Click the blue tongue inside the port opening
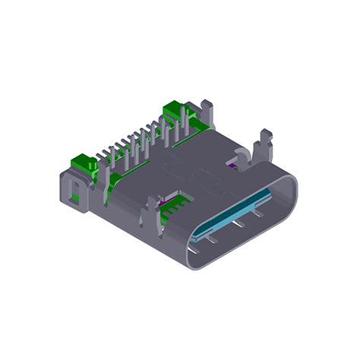click(232, 216)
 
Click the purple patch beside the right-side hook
click(232, 162)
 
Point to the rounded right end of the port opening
click(292, 190)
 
